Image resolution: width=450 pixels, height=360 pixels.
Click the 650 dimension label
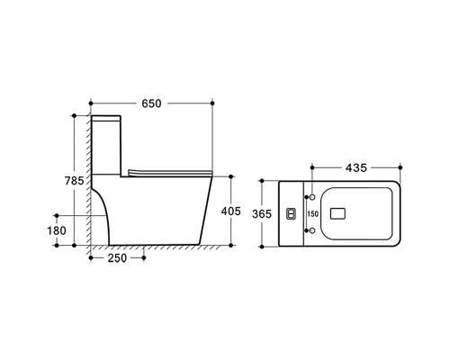151,103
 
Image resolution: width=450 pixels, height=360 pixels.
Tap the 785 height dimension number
74,181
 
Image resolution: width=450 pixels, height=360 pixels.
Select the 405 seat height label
230,211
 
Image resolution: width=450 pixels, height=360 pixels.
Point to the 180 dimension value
57,230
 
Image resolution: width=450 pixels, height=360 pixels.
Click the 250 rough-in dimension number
117,258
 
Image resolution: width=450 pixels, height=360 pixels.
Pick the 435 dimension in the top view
356,167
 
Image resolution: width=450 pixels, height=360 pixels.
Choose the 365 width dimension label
262,214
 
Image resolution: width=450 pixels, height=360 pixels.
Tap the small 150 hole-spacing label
312,214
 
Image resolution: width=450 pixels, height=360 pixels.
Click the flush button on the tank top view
292,213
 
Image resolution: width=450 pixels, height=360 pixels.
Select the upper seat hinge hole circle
312,197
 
